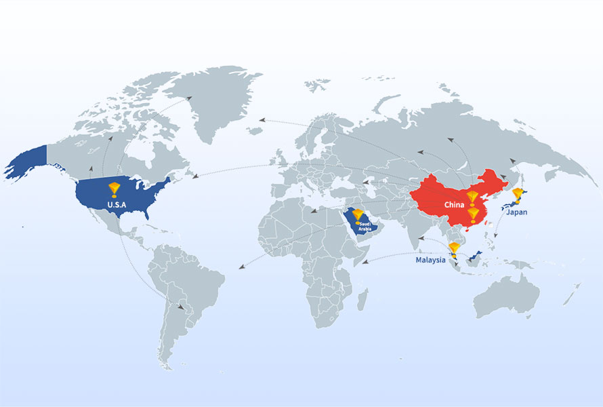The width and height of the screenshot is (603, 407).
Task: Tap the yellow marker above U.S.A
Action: click(x=114, y=189)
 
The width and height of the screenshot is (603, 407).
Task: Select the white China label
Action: click(x=454, y=204)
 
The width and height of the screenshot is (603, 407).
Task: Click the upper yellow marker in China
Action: click(x=472, y=198)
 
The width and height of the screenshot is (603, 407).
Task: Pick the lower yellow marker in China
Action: click(x=474, y=214)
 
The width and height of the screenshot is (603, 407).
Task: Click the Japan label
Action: click(x=515, y=212)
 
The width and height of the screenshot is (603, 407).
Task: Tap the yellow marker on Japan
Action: click(x=518, y=195)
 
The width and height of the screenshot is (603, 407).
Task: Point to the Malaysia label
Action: click(x=430, y=260)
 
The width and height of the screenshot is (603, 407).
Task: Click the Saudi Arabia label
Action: click(x=365, y=226)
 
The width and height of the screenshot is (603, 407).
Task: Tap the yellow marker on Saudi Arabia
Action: click(x=358, y=215)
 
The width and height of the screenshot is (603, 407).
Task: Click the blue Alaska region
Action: click(x=27, y=163)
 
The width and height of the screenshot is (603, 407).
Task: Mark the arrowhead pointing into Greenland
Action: click(x=189, y=98)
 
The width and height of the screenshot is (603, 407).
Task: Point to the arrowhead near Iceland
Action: click(x=262, y=120)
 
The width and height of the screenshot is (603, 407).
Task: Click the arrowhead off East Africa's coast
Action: click(x=366, y=262)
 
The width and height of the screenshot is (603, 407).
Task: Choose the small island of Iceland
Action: click(x=255, y=130)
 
